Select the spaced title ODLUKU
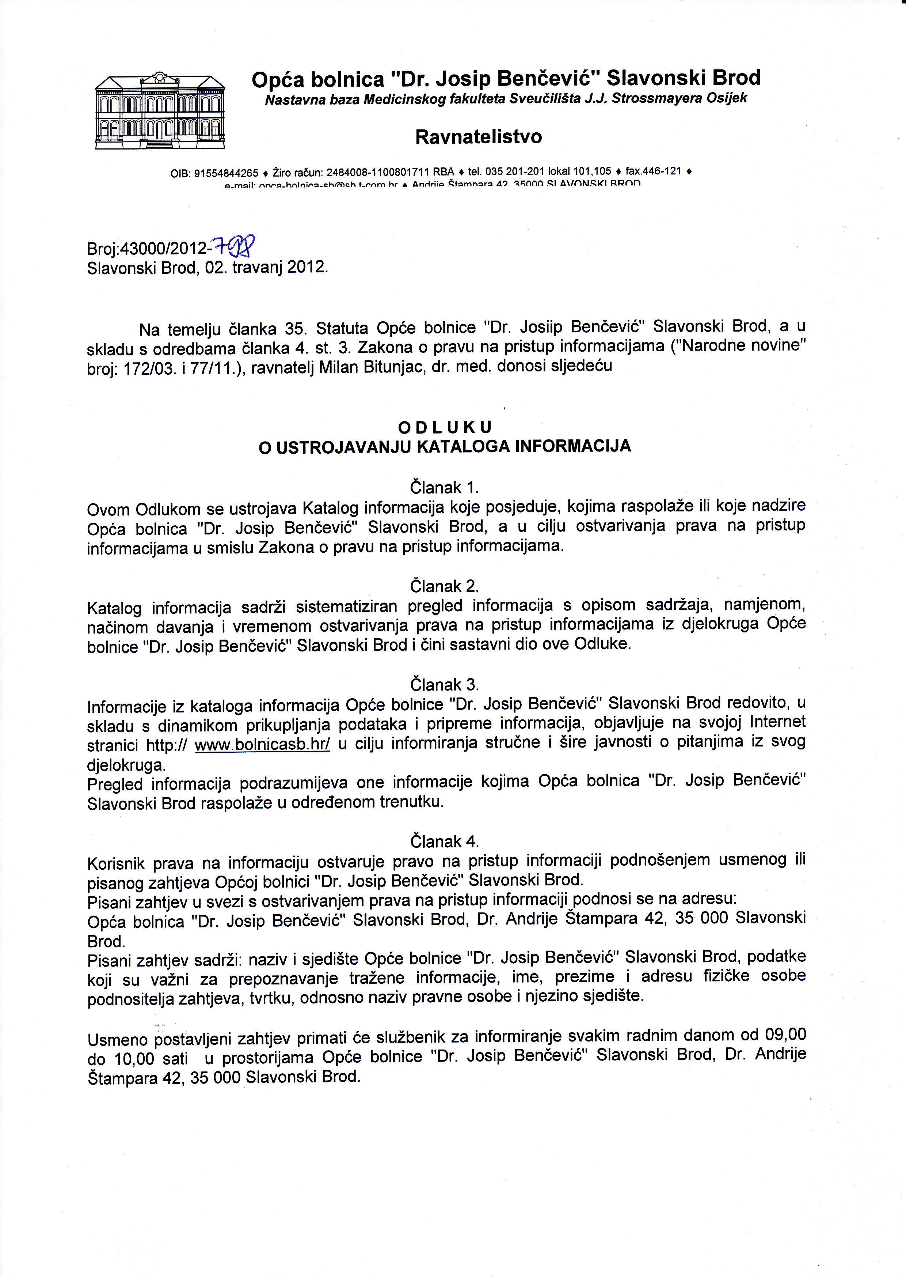pos(445,427)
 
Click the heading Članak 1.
pos(445,487)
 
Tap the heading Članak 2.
pos(445,586)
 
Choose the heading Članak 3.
pos(445,684)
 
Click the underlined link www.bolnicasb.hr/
pos(262,746)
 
